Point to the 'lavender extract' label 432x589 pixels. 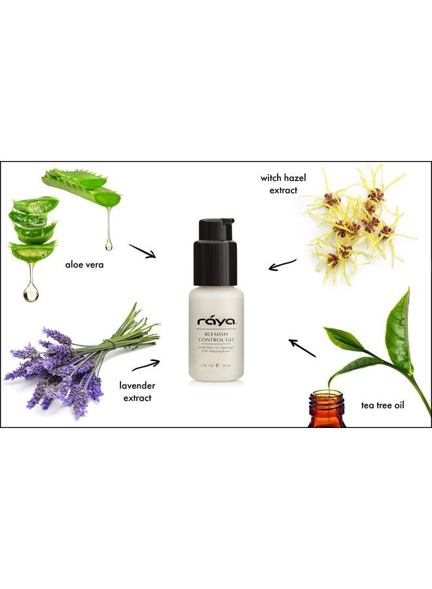137,391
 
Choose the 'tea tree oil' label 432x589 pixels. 383,405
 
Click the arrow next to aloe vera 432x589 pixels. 142,251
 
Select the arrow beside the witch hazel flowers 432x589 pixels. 282,265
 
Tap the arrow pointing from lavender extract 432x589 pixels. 145,365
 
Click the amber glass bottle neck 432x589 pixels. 327,401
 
